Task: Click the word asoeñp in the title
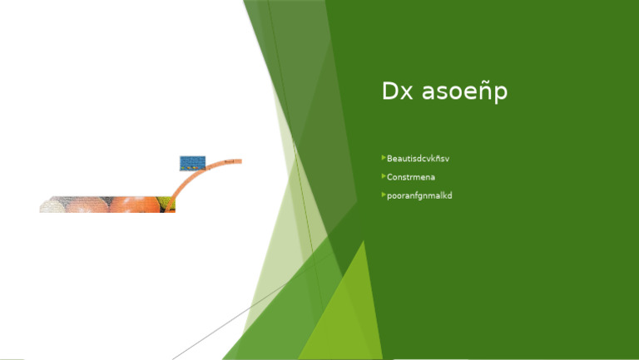(x=465, y=92)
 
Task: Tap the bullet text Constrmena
(x=411, y=177)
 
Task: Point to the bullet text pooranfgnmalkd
(x=419, y=195)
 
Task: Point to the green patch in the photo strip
(x=168, y=205)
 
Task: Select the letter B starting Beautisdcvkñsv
(x=389, y=158)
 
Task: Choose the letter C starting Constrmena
(x=389, y=177)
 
